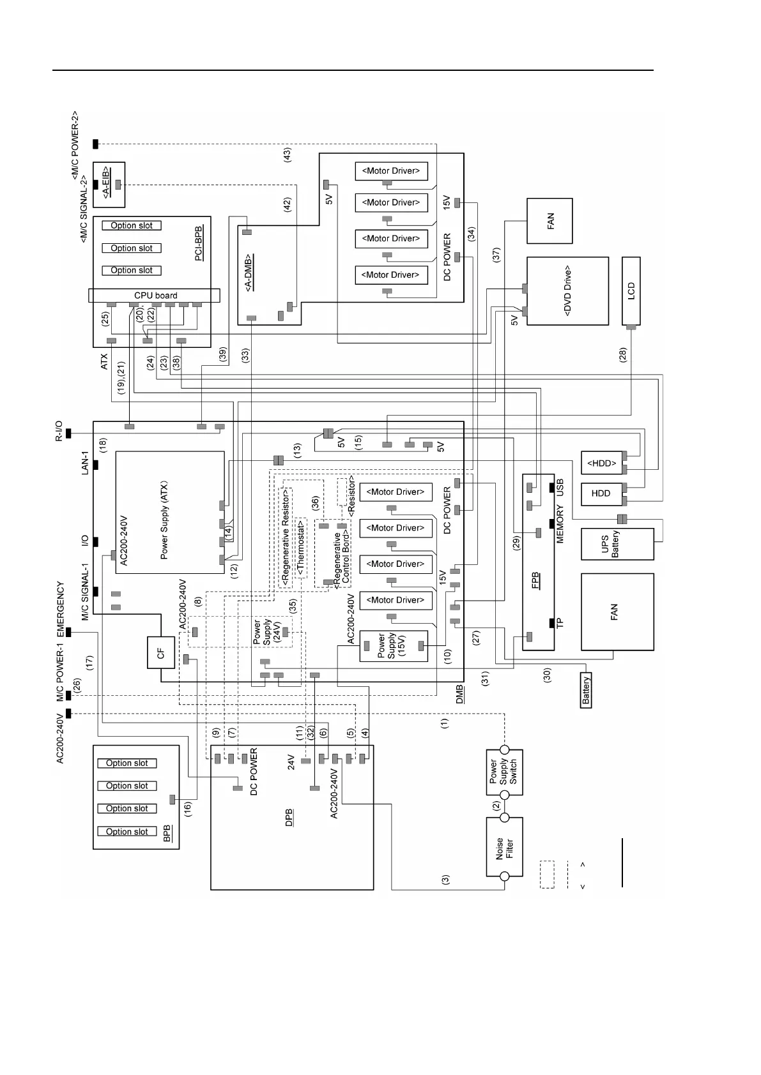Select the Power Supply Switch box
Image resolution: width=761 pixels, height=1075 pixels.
[504, 772]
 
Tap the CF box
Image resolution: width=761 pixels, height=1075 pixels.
[161, 652]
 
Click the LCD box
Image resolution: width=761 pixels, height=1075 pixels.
[631, 291]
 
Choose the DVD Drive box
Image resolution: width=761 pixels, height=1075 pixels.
[567, 291]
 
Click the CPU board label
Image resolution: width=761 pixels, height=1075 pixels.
[155, 296]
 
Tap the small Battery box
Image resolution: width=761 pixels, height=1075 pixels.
[586, 689]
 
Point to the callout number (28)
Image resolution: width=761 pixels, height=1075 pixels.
[623, 355]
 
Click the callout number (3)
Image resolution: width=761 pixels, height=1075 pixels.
[445, 879]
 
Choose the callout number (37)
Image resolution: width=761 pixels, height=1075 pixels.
[496, 255]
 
